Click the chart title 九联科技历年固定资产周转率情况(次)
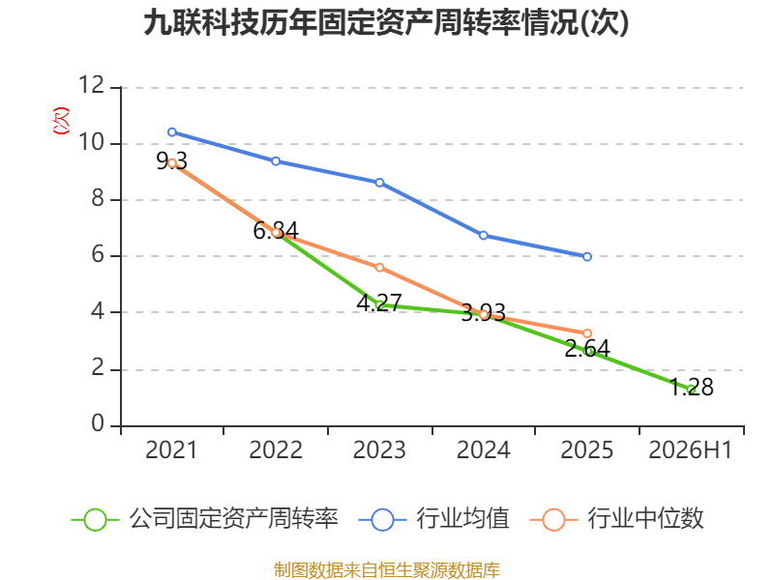386,23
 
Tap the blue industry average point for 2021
172,132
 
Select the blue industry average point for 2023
379,183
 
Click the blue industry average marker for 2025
587,256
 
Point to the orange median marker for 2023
379,268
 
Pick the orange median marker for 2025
587,333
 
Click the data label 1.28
691,388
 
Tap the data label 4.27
379,303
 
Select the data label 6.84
276,230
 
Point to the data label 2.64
587,349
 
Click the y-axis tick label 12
92,85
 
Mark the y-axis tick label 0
98,423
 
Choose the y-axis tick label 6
98,254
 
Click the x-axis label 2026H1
690,450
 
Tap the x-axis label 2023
379,450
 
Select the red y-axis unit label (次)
61,121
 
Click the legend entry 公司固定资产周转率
205,519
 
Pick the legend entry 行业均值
433,519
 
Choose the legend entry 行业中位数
617,519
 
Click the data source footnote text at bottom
386,570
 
